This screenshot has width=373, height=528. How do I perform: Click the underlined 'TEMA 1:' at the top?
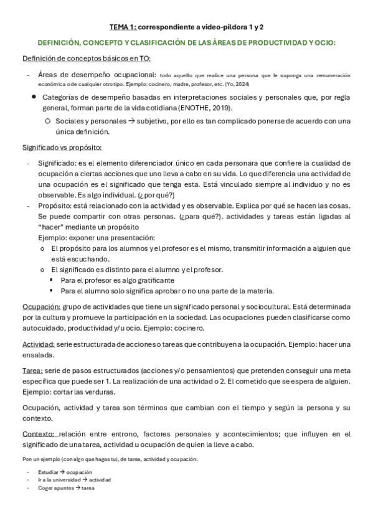pyautogui.click(x=122, y=27)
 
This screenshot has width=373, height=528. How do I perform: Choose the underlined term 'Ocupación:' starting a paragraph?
pyautogui.click(x=41, y=307)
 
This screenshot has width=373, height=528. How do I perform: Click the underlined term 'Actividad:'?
pyautogui.click(x=38, y=344)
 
